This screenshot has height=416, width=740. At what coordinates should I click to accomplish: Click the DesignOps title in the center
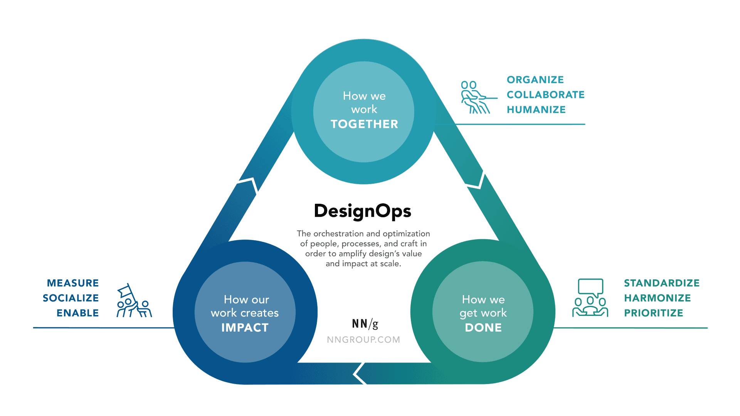point(363,211)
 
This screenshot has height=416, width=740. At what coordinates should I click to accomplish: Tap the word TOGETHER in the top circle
point(364,124)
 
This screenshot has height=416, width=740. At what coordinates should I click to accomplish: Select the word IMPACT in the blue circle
point(245,327)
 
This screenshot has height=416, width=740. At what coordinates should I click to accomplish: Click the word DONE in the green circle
point(483,327)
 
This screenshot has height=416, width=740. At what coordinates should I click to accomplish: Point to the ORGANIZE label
point(535,80)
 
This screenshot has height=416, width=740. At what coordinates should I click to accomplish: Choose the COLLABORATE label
point(545,95)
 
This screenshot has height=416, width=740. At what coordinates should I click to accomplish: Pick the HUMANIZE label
point(536,110)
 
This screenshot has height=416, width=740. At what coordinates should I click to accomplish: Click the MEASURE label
point(73,283)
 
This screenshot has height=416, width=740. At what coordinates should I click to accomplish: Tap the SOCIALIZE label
point(71,298)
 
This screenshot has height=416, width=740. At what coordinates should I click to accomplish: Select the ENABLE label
point(78,313)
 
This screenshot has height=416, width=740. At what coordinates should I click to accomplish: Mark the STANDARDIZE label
point(661,283)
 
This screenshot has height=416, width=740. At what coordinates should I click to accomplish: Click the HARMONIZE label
point(657,298)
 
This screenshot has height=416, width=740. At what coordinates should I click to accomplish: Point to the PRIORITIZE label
point(653,313)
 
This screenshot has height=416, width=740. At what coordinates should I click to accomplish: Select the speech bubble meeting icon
point(590,298)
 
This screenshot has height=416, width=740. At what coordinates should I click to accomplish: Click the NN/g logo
point(365,324)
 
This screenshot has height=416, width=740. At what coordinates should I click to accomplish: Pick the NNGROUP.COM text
point(363,340)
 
